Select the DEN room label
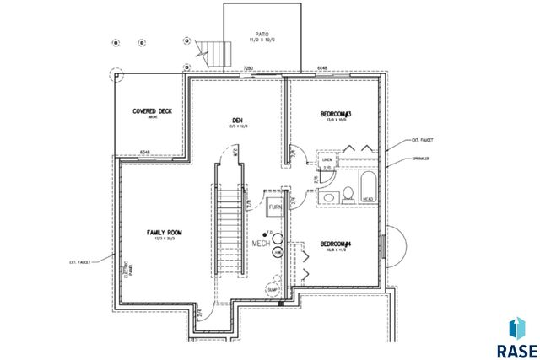tap(237, 121)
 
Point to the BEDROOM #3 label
tap(335, 114)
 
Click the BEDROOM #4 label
tap(335, 245)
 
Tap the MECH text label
tap(261, 243)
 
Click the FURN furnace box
tap(275, 207)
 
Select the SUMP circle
tap(273, 290)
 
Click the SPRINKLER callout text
tap(422, 159)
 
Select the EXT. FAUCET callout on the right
tap(422, 140)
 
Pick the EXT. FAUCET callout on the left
tap(80, 262)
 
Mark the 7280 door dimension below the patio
tap(249, 67)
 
